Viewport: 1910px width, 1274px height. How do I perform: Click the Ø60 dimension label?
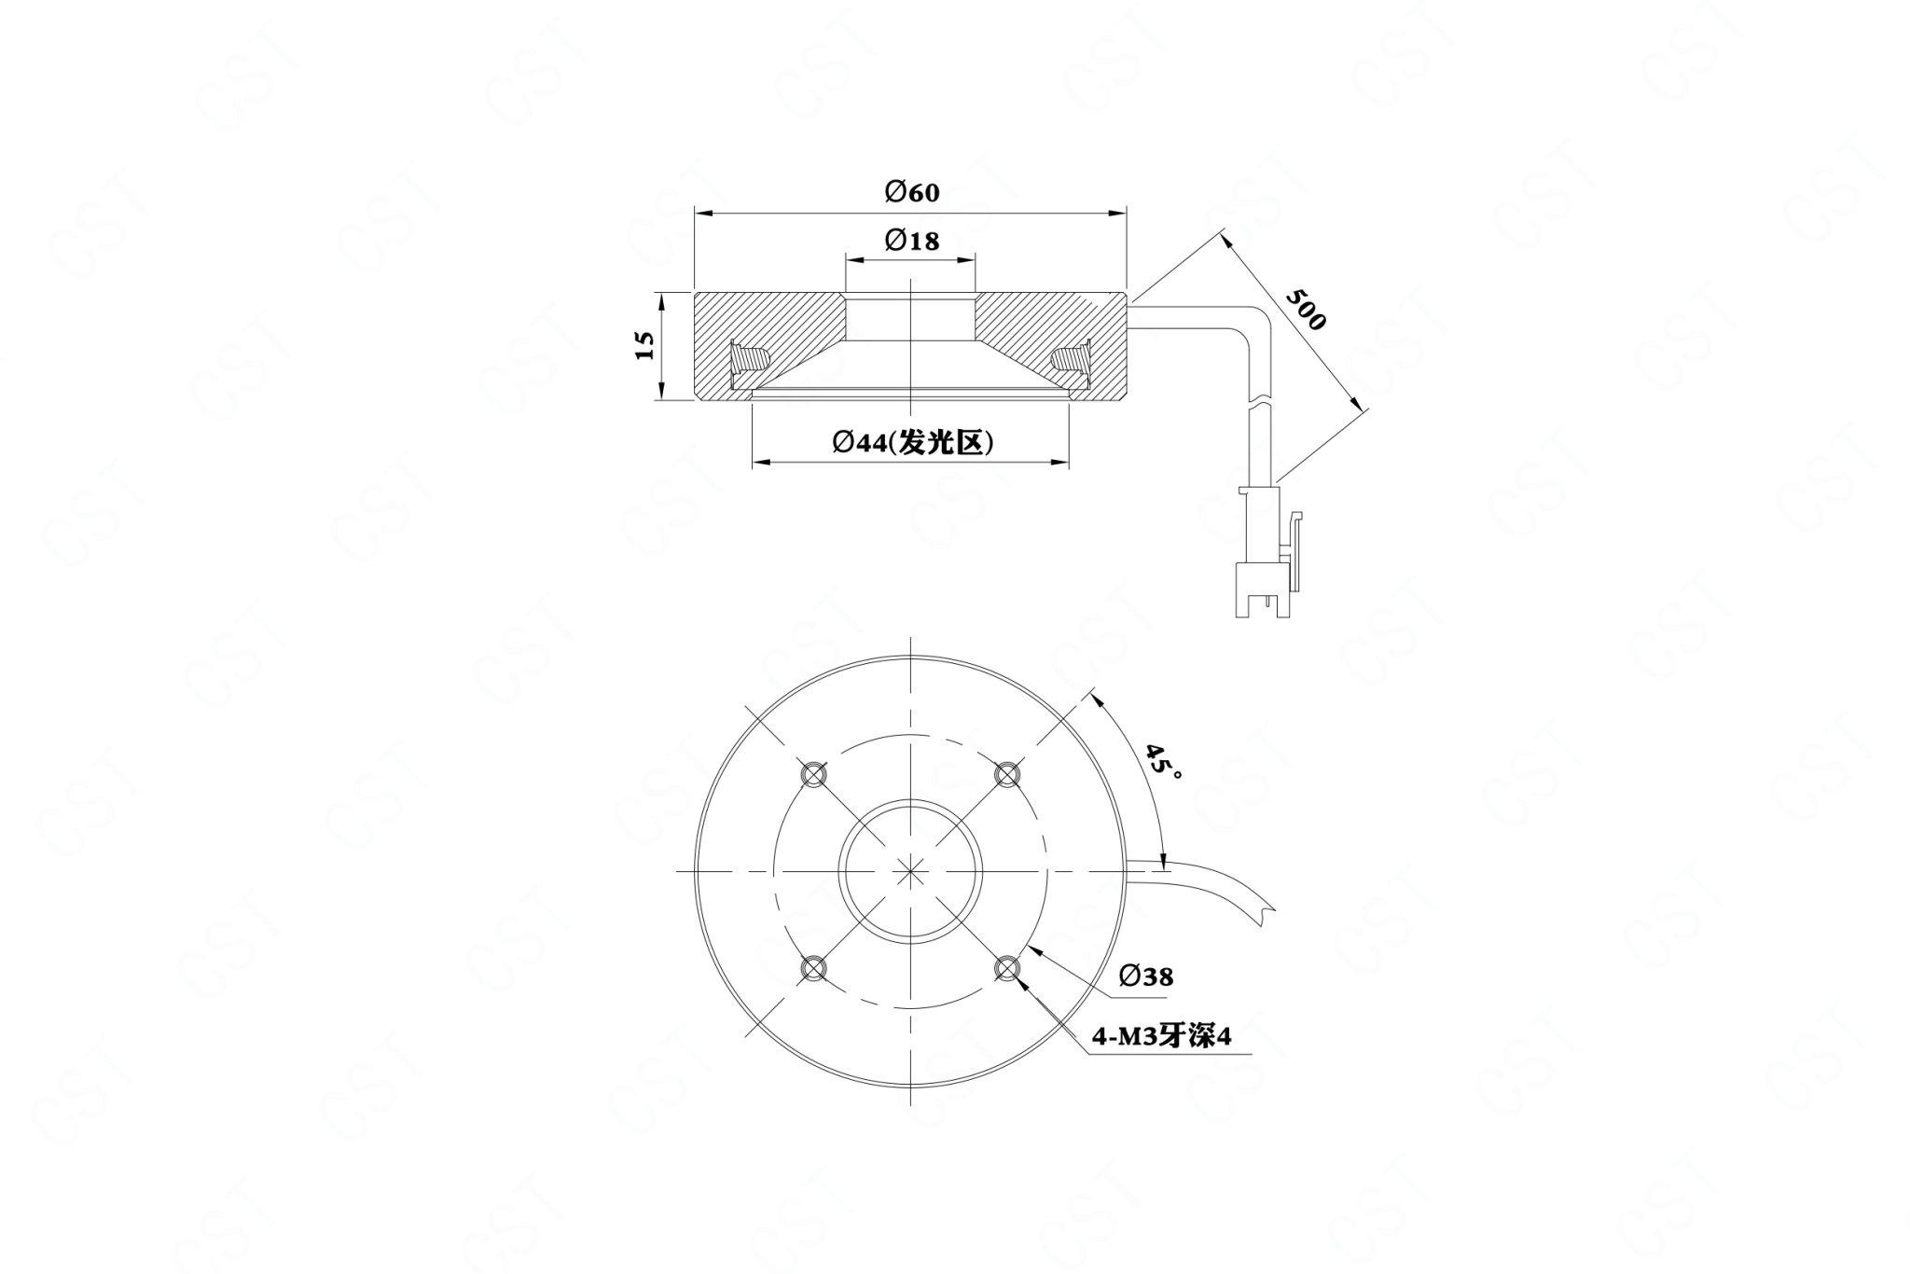[912, 192]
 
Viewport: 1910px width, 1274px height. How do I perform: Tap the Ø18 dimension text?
[912, 241]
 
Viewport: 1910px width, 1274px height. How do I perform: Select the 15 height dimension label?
[644, 345]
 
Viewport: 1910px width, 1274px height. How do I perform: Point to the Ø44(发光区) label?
[912, 442]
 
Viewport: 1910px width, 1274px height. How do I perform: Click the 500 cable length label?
[1305, 309]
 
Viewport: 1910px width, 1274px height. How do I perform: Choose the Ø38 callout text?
[1145, 976]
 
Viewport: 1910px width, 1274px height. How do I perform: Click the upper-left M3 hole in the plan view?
[812, 773]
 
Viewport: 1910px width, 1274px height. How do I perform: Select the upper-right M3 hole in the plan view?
[1007, 773]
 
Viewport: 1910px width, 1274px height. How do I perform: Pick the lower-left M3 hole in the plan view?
[812, 968]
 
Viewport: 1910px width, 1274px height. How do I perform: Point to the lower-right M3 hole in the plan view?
[1007, 968]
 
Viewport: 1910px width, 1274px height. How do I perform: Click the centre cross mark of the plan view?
[910, 870]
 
